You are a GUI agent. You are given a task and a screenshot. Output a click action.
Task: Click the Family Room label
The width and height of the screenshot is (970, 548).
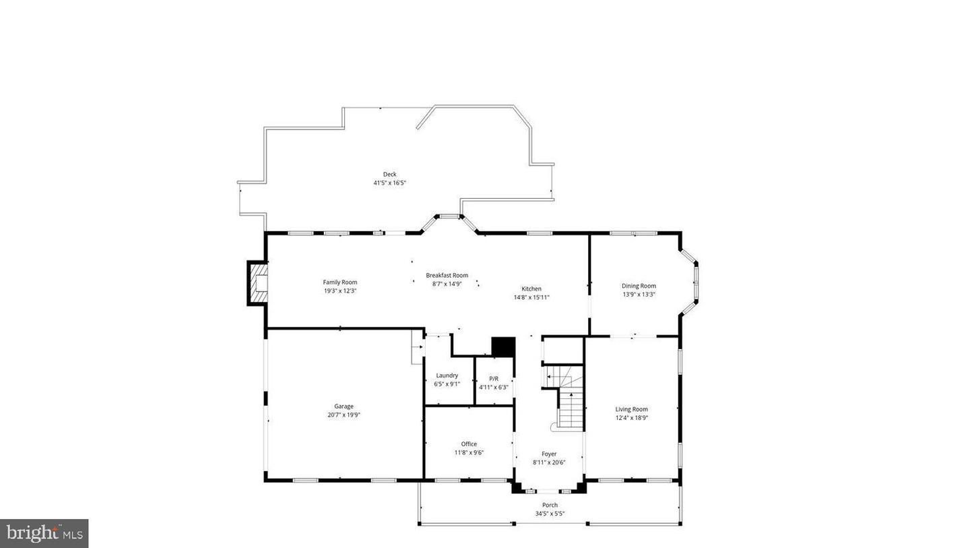tap(339, 282)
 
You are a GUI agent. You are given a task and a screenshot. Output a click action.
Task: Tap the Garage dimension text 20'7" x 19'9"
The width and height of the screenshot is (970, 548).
tap(344, 415)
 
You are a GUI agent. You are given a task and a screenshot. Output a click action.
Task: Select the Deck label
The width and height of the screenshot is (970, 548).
tap(389, 175)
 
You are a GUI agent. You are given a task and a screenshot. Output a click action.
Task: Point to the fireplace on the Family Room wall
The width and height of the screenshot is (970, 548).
tap(258, 283)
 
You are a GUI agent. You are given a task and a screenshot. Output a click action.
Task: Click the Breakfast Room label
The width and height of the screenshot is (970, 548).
tap(447, 275)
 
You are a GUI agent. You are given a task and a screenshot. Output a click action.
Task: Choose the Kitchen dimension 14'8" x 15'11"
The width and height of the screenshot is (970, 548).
tap(531, 297)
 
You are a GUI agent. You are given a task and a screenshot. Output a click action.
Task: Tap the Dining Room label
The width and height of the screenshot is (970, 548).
tap(638, 286)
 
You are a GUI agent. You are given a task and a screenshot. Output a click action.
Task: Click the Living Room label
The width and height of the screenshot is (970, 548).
tap(631, 409)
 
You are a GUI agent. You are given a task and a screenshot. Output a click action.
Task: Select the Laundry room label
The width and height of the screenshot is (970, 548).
tap(447, 375)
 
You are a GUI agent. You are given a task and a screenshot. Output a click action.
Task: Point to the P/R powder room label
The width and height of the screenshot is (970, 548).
tap(494, 379)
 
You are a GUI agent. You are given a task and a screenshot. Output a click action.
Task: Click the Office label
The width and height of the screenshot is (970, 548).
tap(469, 444)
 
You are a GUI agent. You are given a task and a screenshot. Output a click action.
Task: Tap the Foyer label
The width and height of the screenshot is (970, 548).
tap(549, 454)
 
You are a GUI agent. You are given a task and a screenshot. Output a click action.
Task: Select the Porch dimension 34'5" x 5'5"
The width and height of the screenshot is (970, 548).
tap(550, 514)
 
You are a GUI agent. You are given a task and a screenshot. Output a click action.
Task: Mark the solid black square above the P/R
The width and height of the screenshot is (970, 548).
tap(503, 346)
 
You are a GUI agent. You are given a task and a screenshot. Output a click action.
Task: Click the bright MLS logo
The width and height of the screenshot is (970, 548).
tap(44, 533)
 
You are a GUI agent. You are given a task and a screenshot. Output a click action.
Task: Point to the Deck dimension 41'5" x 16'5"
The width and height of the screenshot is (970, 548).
tap(389, 183)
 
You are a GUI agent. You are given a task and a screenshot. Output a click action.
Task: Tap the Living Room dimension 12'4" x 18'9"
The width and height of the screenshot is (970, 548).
tap(631, 418)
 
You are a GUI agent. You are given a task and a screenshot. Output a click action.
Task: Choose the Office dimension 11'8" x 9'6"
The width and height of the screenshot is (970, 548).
tap(469, 452)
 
